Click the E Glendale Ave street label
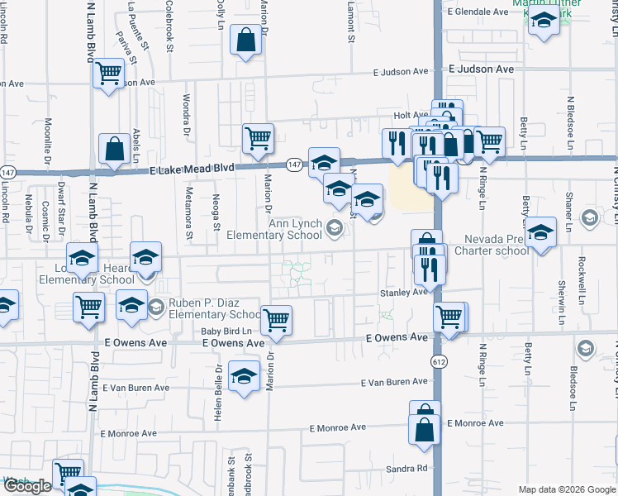click(x=478, y=12)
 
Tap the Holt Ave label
click(x=410, y=116)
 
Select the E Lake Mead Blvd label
click(x=191, y=168)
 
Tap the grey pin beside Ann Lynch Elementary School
click(x=335, y=229)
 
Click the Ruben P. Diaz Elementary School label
click(x=215, y=309)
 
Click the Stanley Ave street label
click(x=403, y=292)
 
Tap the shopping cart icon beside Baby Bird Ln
click(x=276, y=319)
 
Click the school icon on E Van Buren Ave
click(x=244, y=377)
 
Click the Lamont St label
click(x=350, y=26)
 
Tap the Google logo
click(x=26, y=486)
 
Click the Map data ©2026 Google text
click(x=566, y=489)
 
